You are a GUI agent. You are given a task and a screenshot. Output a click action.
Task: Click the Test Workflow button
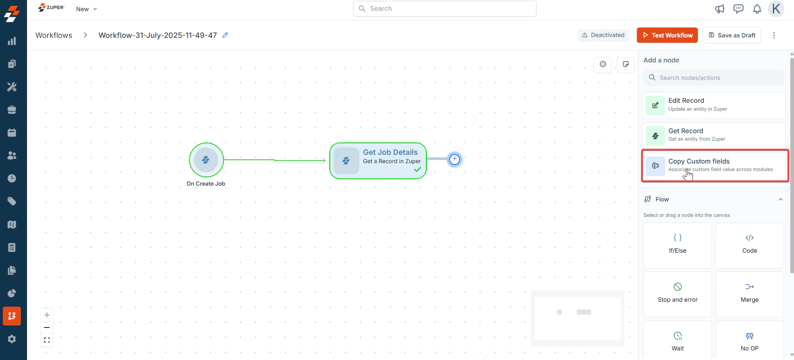pyautogui.click(x=668, y=35)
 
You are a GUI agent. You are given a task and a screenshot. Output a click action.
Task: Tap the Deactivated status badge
pyautogui.click(x=603, y=35)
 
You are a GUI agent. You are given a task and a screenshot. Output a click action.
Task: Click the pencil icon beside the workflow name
pyautogui.click(x=225, y=35)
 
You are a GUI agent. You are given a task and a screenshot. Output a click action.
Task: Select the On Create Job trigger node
pyautogui.click(x=206, y=160)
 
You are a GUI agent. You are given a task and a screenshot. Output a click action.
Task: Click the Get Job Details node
pyautogui.click(x=378, y=161)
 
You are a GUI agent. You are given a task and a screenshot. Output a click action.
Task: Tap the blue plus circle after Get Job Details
pyautogui.click(x=455, y=159)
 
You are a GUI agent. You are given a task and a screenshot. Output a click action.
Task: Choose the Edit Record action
pyautogui.click(x=714, y=105)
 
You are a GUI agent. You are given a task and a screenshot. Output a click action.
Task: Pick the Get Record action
pyautogui.click(x=714, y=135)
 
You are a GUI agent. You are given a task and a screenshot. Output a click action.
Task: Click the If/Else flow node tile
pyautogui.click(x=678, y=245)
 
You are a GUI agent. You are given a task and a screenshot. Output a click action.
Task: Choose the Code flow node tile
pyautogui.click(x=749, y=245)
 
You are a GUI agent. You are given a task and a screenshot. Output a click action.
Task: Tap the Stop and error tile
pyautogui.click(x=678, y=294)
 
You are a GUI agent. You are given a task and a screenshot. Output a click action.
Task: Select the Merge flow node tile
pyautogui.click(x=749, y=294)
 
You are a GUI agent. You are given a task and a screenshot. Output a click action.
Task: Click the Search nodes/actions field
pyautogui.click(x=714, y=78)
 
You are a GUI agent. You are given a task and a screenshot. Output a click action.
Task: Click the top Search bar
pyautogui.click(x=445, y=9)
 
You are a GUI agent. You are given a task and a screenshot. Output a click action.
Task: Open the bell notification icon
pyautogui.click(x=757, y=9)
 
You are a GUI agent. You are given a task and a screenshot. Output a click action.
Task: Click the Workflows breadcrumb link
pyautogui.click(x=54, y=35)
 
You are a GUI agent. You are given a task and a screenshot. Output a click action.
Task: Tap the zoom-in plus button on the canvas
pyautogui.click(x=47, y=315)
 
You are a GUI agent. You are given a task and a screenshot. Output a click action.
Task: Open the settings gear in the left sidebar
pyautogui.click(x=12, y=339)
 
